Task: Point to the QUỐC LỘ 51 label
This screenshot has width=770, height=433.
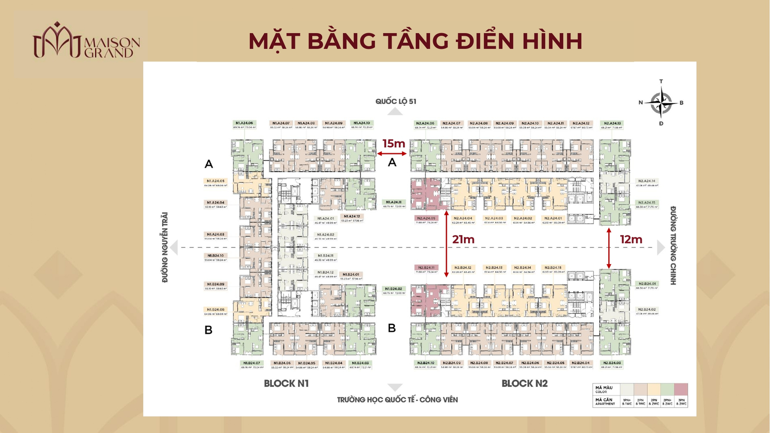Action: [396, 101]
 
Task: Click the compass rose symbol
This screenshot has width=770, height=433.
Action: [661, 102]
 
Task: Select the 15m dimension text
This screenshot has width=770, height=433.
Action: [394, 143]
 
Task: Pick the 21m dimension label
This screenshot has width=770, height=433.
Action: [463, 239]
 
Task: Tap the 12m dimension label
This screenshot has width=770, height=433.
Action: [631, 239]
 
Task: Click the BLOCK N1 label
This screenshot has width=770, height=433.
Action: [286, 383]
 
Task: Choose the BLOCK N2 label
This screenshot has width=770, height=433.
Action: [525, 383]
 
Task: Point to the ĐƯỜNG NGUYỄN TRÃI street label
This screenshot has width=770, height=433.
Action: [165, 247]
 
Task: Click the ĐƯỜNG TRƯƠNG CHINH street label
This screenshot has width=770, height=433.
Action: [673, 245]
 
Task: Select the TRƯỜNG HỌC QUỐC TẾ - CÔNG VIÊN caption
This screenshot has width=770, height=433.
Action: [397, 400]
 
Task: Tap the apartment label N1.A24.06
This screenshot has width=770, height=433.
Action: [244, 123]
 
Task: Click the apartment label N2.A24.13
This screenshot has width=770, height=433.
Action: [612, 123]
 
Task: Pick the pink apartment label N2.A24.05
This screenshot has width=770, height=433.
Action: [426, 218]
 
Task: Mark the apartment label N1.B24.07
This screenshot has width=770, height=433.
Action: [252, 363]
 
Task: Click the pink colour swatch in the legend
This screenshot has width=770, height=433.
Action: [681, 389]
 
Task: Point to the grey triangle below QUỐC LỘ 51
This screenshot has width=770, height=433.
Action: [395, 112]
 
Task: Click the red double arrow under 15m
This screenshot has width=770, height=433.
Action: [392, 154]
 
